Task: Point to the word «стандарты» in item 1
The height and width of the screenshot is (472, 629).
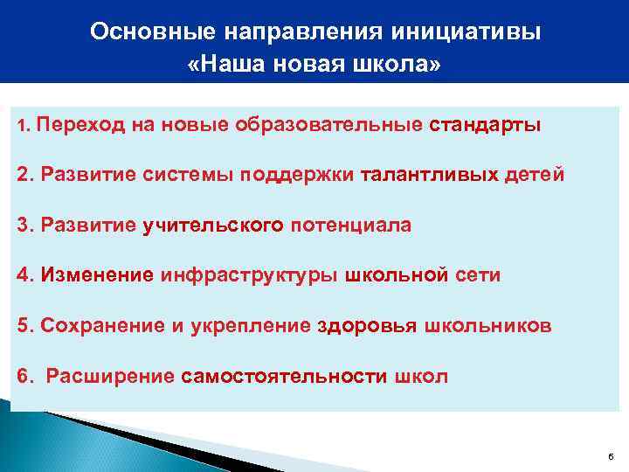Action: (x=485, y=124)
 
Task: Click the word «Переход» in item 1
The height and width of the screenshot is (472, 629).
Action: (x=81, y=124)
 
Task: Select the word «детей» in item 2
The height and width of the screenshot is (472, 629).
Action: (x=536, y=174)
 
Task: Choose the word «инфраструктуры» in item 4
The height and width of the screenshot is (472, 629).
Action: (x=250, y=275)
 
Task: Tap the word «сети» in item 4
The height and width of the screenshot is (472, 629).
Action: (x=476, y=275)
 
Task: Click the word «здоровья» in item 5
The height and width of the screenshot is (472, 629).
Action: (x=367, y=326)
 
